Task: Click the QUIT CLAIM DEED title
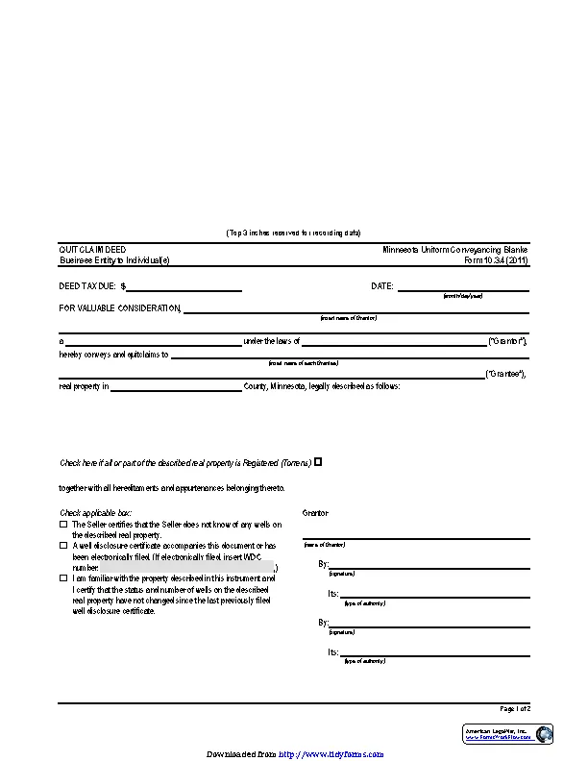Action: click(92, 249)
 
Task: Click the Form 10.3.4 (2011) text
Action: click(496, 260)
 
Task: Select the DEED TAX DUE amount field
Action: click(184, 285)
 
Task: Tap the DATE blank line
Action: click(463, 285)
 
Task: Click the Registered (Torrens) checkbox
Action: click(318, 462)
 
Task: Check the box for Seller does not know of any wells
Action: click(63, 525)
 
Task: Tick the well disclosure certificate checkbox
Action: click(63, 545)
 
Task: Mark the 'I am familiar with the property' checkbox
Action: click(63, 578)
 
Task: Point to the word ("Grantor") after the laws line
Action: click(508, 341)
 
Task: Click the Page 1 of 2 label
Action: click(514, 708)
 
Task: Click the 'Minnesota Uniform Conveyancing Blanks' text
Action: click(455, 249)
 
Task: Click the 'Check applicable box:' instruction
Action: click(96, 513)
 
